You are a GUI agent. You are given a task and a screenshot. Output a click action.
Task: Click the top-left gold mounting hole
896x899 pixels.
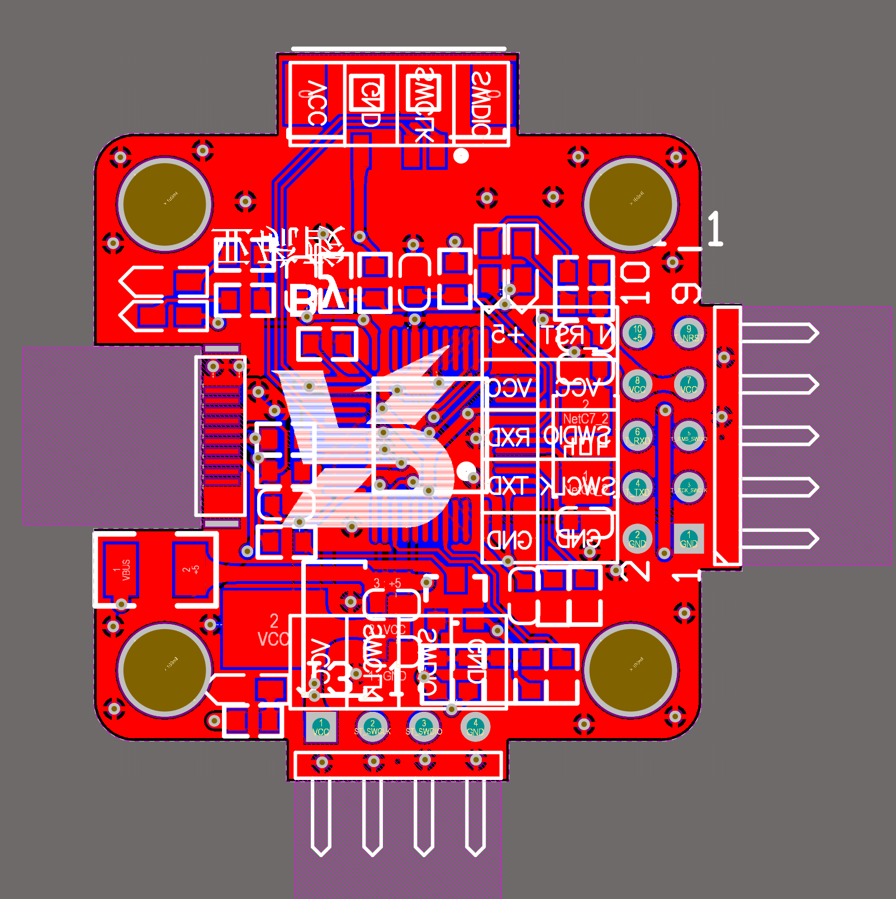click(165, 203)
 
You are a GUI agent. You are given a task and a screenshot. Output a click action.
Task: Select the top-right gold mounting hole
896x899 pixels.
click(630, 203)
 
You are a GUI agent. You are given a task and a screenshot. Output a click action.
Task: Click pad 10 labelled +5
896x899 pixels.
click(637, 334)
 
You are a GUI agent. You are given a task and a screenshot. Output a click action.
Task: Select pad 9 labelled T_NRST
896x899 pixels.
click(689, 334)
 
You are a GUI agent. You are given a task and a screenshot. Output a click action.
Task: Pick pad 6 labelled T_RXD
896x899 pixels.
click(637, 436)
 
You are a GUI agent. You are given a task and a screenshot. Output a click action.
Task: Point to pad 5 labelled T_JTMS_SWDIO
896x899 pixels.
click(689, 436)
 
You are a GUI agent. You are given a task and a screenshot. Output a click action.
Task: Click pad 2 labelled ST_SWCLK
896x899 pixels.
click(372, 727)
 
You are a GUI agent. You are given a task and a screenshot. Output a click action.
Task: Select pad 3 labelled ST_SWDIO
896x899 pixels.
click(424, 727)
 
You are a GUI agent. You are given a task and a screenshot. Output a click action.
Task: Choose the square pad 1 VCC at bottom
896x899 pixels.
click(321, 727)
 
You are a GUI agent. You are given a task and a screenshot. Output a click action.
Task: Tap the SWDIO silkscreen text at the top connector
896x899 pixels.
click(482, 104)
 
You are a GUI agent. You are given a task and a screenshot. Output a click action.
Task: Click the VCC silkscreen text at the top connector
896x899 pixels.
click(316, 104)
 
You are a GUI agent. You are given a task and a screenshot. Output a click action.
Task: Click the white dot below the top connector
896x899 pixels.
click(461, 156)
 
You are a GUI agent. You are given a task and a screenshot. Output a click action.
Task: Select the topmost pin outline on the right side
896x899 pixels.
click(779, 334)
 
